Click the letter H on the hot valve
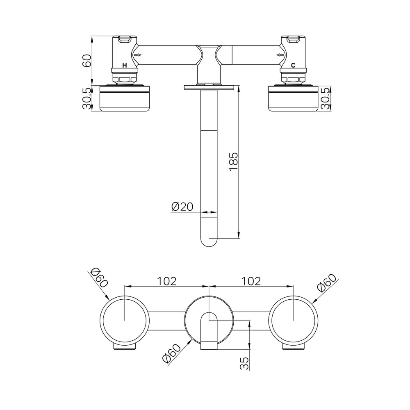[x=125, y=65]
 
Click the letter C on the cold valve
[x=293, y=65]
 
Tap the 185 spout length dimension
[x=234, y=162]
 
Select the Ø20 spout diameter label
[x=182, y=207]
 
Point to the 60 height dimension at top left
[x=87, y=61]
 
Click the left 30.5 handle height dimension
[x=87, y=98]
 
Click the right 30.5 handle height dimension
[x=326, y=98]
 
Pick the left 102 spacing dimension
[x=167, y=281]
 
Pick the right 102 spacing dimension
[x=251, y=281]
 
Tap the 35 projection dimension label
[x=244, y=363]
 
